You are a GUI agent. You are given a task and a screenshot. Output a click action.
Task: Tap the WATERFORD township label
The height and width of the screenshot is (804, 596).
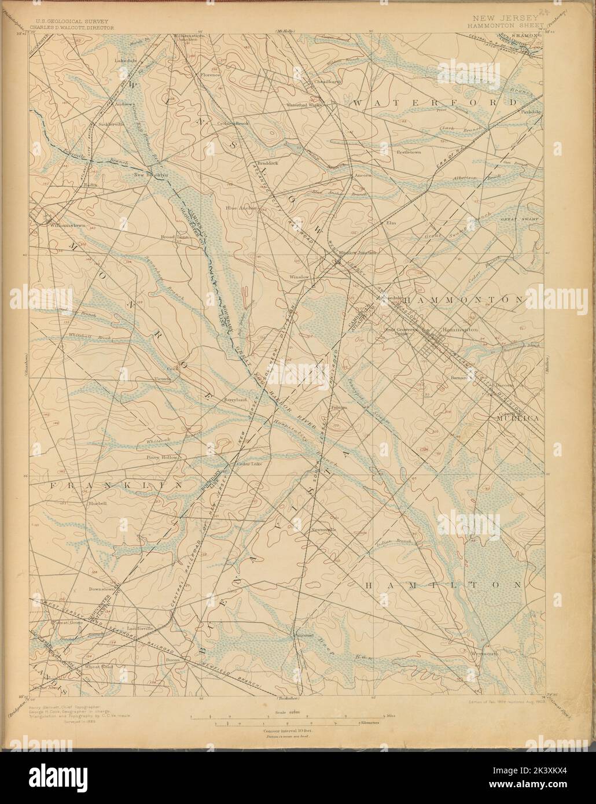pyautogui.click(x=435, y=102)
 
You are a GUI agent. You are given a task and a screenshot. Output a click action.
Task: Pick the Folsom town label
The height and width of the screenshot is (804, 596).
pyautogui.click(x=339, y=407)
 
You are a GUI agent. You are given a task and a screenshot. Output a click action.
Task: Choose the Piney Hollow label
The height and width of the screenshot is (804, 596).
pyautogui.click(x=161, y=457)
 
